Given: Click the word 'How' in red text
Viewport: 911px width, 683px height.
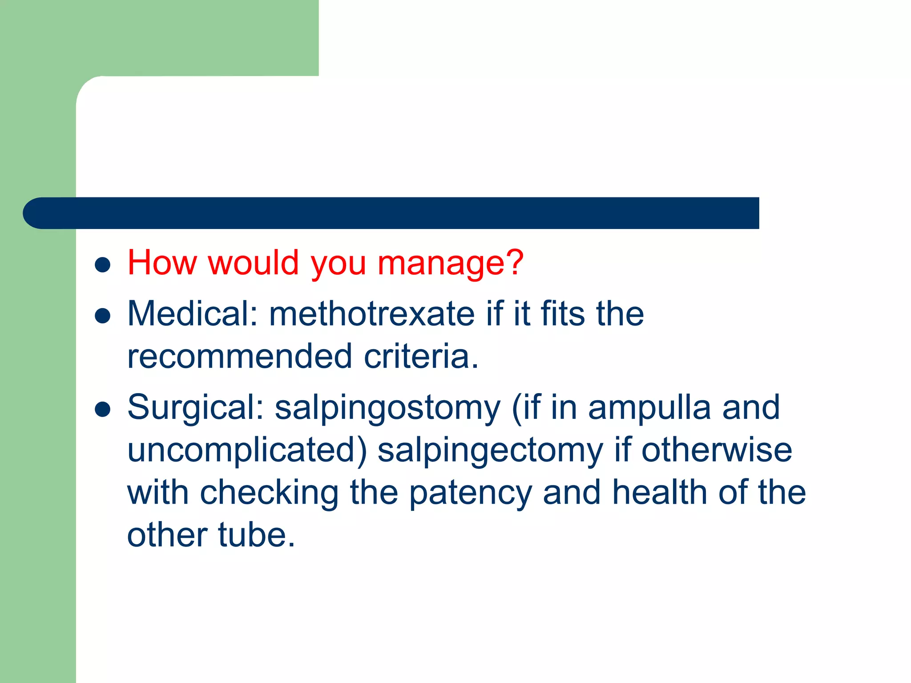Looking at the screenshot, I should coord(162,263).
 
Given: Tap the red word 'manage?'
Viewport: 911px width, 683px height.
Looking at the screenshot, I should coord(450,264).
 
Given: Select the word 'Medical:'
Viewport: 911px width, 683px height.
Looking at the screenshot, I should coord(193,314).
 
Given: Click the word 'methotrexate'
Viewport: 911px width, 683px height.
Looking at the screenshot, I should coord(372,314).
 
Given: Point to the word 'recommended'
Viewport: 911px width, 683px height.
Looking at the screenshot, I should coord(240,357).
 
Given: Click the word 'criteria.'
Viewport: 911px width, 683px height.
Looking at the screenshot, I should coord(421,357).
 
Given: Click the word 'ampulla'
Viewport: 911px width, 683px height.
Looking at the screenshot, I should coord(649,408).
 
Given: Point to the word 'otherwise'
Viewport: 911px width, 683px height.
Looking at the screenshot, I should coord(717,450).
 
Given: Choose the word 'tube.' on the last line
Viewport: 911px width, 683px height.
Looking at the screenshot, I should coord(257,535).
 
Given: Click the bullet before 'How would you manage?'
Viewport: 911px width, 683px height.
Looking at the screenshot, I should coord(103,265).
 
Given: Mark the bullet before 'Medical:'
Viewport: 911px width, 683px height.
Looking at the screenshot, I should coord(103,316).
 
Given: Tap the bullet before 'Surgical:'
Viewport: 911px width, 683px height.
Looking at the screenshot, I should coord(103,410).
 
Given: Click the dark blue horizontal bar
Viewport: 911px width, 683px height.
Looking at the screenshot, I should coord(391,213).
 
